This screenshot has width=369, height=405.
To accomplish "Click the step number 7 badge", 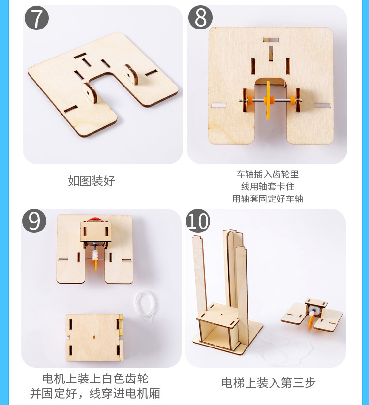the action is click(37, 18).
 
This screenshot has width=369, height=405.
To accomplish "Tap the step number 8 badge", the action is click(200, 18).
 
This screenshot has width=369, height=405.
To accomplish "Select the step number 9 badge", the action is click(34, 221).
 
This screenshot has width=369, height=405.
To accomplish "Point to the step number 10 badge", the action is click(198, 221).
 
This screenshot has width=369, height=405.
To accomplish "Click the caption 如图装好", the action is click(92, 181).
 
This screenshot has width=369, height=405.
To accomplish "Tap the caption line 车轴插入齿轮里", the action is click(267, 174).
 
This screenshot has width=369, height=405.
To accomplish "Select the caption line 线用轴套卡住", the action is click(267, 186).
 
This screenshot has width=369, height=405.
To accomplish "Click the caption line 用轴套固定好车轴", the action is click(267, 199).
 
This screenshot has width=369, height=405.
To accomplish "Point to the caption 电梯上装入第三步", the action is click(269, 383).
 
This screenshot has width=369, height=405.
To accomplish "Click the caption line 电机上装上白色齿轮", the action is click(95, 378).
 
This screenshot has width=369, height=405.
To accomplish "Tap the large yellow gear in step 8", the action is click(268, 100).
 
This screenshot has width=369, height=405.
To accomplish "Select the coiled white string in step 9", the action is click(145, 305).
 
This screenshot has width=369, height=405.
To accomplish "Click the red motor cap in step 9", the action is click(94, 219).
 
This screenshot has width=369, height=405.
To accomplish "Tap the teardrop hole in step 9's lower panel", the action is click(94, 337).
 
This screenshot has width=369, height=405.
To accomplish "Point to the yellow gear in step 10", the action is click(311, 321).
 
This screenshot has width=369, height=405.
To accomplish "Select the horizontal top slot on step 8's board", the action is click(271, 40).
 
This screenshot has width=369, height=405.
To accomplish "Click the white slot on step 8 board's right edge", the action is click(322, 105).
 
